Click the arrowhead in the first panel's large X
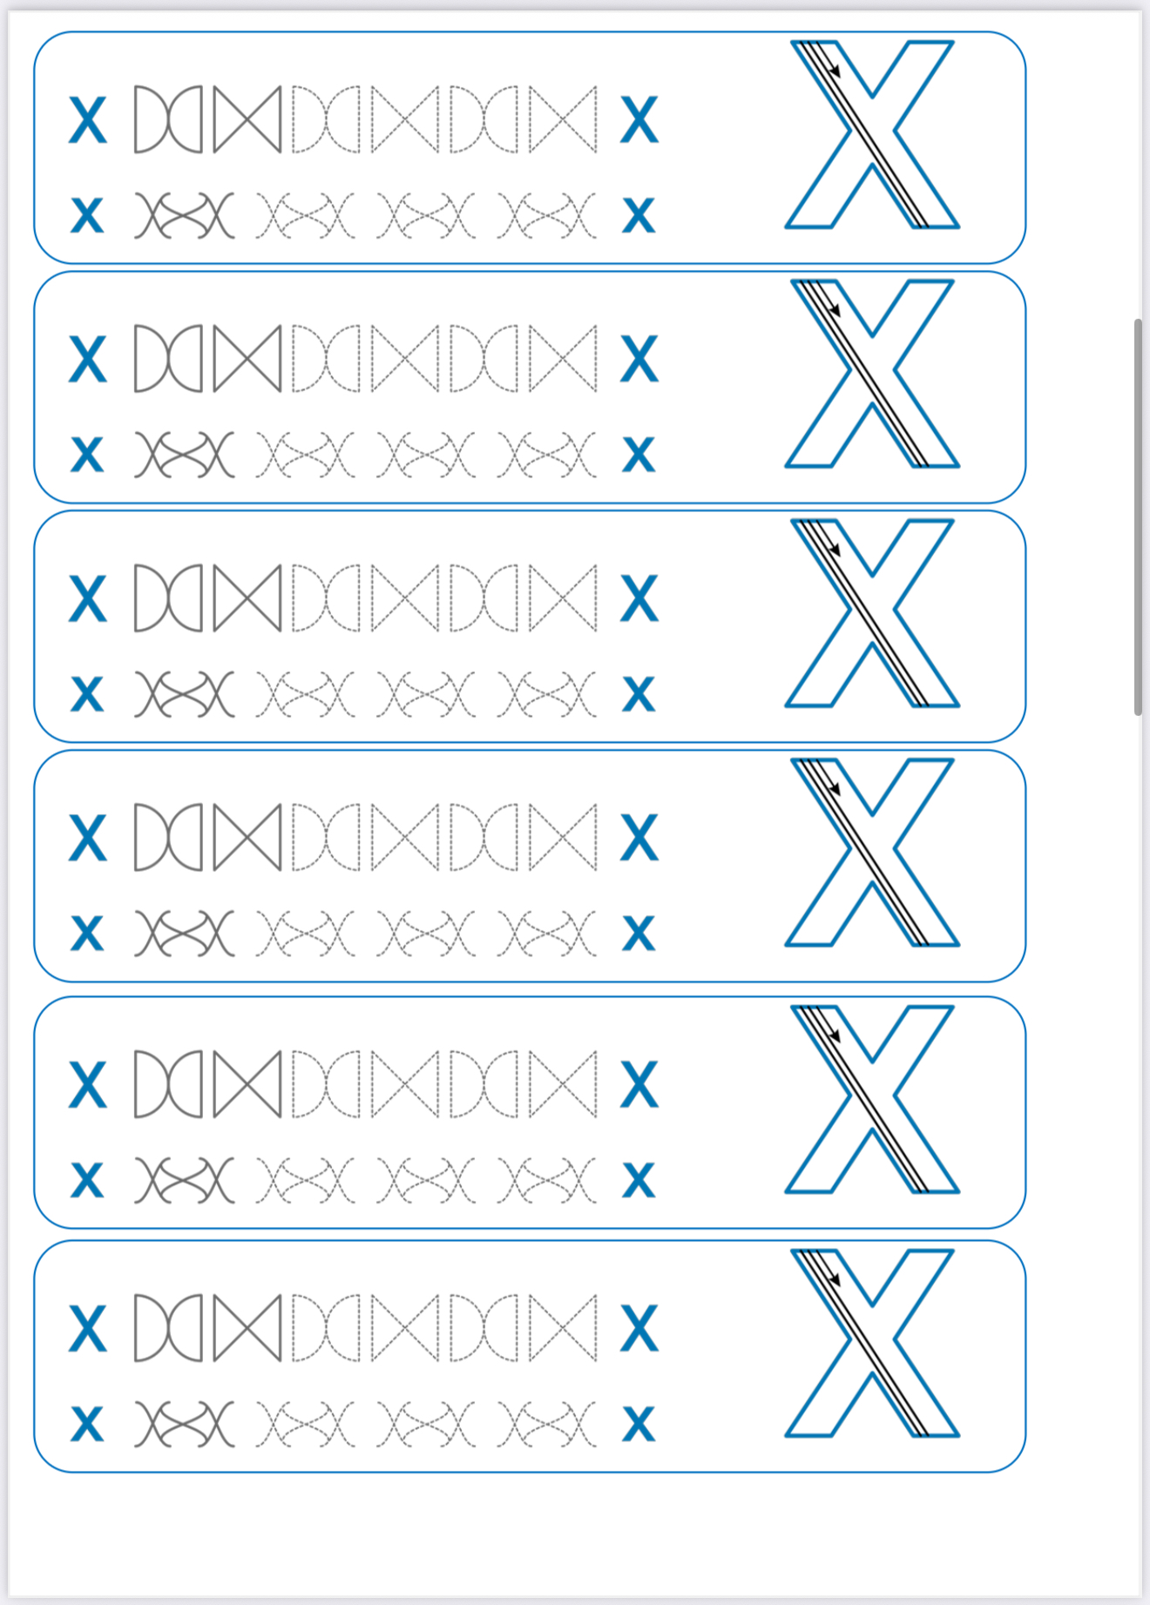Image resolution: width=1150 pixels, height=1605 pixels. click(835, 71)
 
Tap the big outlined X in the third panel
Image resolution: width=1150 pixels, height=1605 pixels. click(872, 613)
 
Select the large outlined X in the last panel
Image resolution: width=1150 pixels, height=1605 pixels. click(872, 1343)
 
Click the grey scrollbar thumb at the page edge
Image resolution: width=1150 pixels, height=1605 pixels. click(1138, 517)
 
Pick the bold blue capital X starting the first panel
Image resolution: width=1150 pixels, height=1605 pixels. click(88, 120)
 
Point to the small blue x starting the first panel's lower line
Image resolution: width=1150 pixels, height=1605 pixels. click(87, 215)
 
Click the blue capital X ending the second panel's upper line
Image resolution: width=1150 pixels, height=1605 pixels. click(639, 359)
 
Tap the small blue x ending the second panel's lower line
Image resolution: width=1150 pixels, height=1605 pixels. click(639, 454)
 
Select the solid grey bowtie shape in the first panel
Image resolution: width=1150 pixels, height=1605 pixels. click(247, 119)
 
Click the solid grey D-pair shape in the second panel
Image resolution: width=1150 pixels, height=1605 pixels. click(168, 359)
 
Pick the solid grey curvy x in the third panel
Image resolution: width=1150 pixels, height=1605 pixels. click(185, 694)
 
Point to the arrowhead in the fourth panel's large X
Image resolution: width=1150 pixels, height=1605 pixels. click(835, 788)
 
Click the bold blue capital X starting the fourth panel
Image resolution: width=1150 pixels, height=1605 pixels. click(88, 838)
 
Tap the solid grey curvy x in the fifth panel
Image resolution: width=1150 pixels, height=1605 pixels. click(185, 1180)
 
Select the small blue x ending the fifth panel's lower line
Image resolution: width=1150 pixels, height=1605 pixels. click(639, 1180)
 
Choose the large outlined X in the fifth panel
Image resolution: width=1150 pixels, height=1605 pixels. click(872, 1099)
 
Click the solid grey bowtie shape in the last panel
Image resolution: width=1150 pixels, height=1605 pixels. click(247, 1328)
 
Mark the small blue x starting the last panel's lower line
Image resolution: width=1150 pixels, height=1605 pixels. click(87, 1424)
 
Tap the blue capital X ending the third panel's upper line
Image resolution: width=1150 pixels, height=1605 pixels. click(639, 598)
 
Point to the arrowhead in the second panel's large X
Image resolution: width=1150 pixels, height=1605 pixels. click(835, 310)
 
